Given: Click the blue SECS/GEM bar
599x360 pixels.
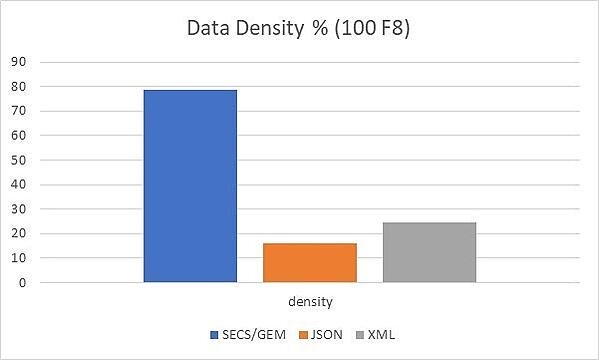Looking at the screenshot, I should pos(190,186).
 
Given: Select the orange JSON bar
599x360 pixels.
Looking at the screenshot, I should pos(309,262).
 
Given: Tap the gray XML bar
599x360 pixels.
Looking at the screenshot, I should pos(429,252).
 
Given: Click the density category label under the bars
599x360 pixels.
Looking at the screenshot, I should pos(311,301).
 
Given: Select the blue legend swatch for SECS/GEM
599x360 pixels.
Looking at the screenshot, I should pos(214,334).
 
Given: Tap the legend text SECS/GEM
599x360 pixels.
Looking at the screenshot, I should pos(249,334).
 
